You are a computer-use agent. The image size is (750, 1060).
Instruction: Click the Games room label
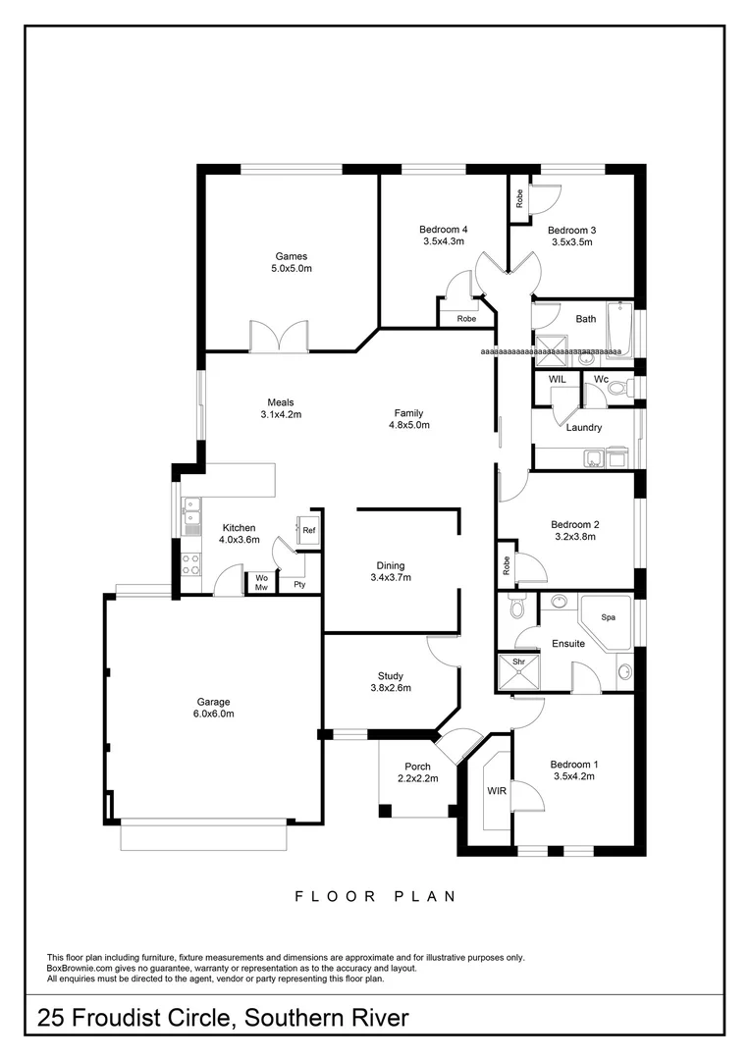pos(291,256)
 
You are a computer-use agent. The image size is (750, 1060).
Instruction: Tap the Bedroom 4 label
pos(443,229)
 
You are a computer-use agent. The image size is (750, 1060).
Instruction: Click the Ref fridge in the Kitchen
pos(308,530)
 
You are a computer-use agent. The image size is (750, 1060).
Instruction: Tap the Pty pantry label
pos(299,585)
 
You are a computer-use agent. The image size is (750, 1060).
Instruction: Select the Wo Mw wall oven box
pos(261,583)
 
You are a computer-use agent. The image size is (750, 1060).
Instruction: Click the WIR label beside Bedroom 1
pos(496,791)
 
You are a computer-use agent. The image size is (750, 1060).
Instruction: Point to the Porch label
pos(417,767)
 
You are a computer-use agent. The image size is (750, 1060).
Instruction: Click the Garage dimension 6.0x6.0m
pos(213,714)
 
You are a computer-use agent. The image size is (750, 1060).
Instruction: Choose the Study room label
pos(391,675)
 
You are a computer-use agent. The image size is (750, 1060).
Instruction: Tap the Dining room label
pos(390,565)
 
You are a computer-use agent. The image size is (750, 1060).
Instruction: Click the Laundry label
pos(584,428)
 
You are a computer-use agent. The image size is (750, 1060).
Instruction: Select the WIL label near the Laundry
pos(557,379)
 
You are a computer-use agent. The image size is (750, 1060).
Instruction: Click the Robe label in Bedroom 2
pos(507,565)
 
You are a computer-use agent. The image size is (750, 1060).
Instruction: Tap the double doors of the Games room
pos(280,336)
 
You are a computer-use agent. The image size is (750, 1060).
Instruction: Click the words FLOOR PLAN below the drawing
pos(375,896)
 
